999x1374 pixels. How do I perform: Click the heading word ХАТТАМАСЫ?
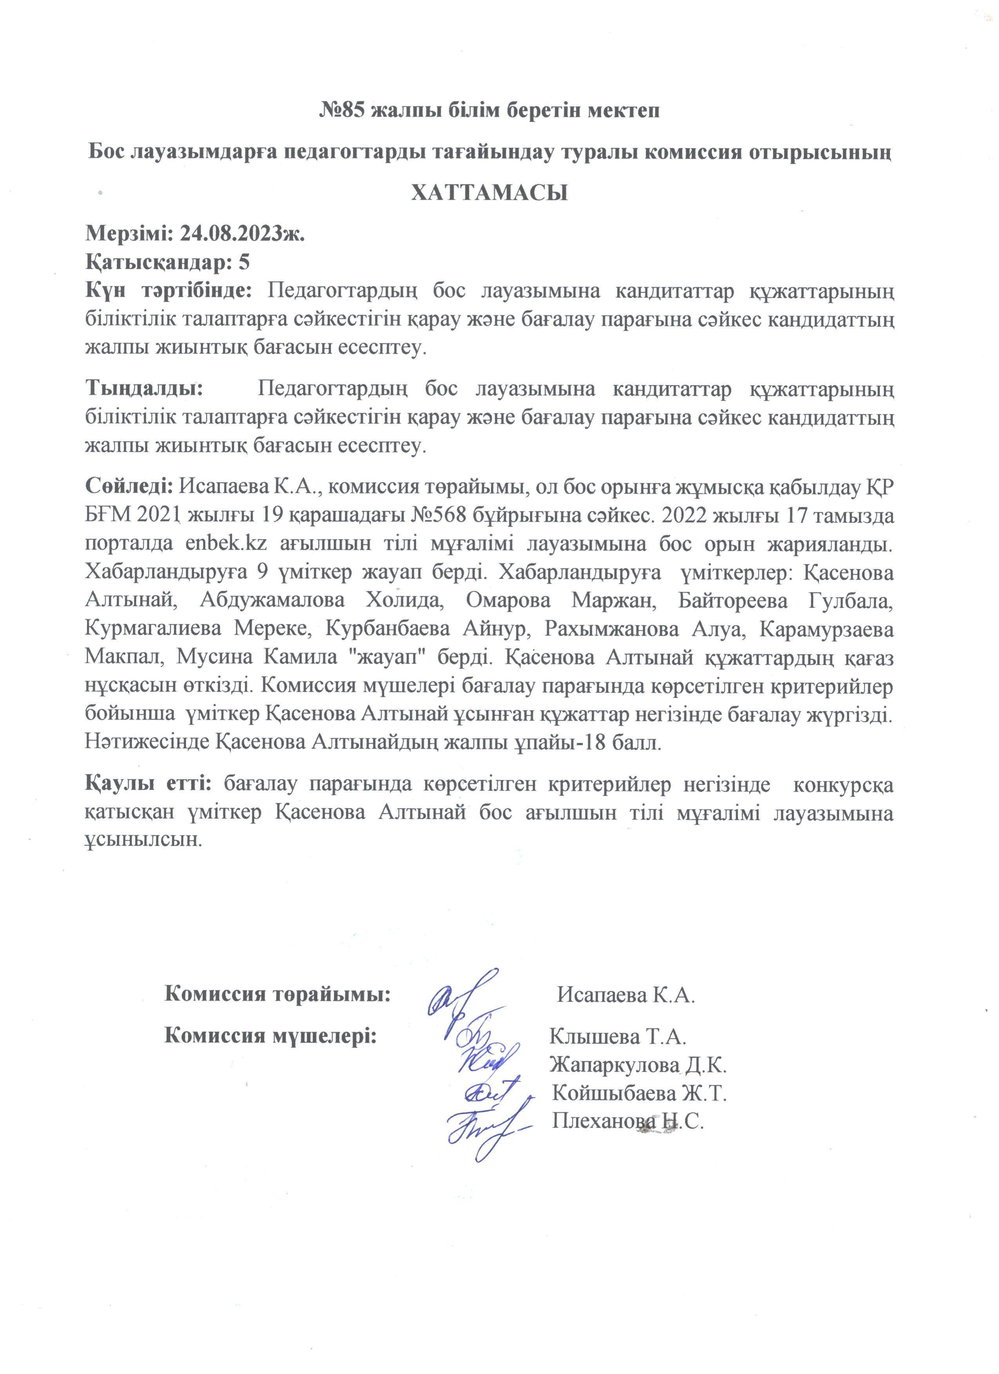coord(489,193)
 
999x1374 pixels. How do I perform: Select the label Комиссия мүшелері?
coord(271,1035)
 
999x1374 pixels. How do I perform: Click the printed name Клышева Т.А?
coord(617,1036)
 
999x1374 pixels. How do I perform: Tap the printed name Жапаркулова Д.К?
coord(638,1065)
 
